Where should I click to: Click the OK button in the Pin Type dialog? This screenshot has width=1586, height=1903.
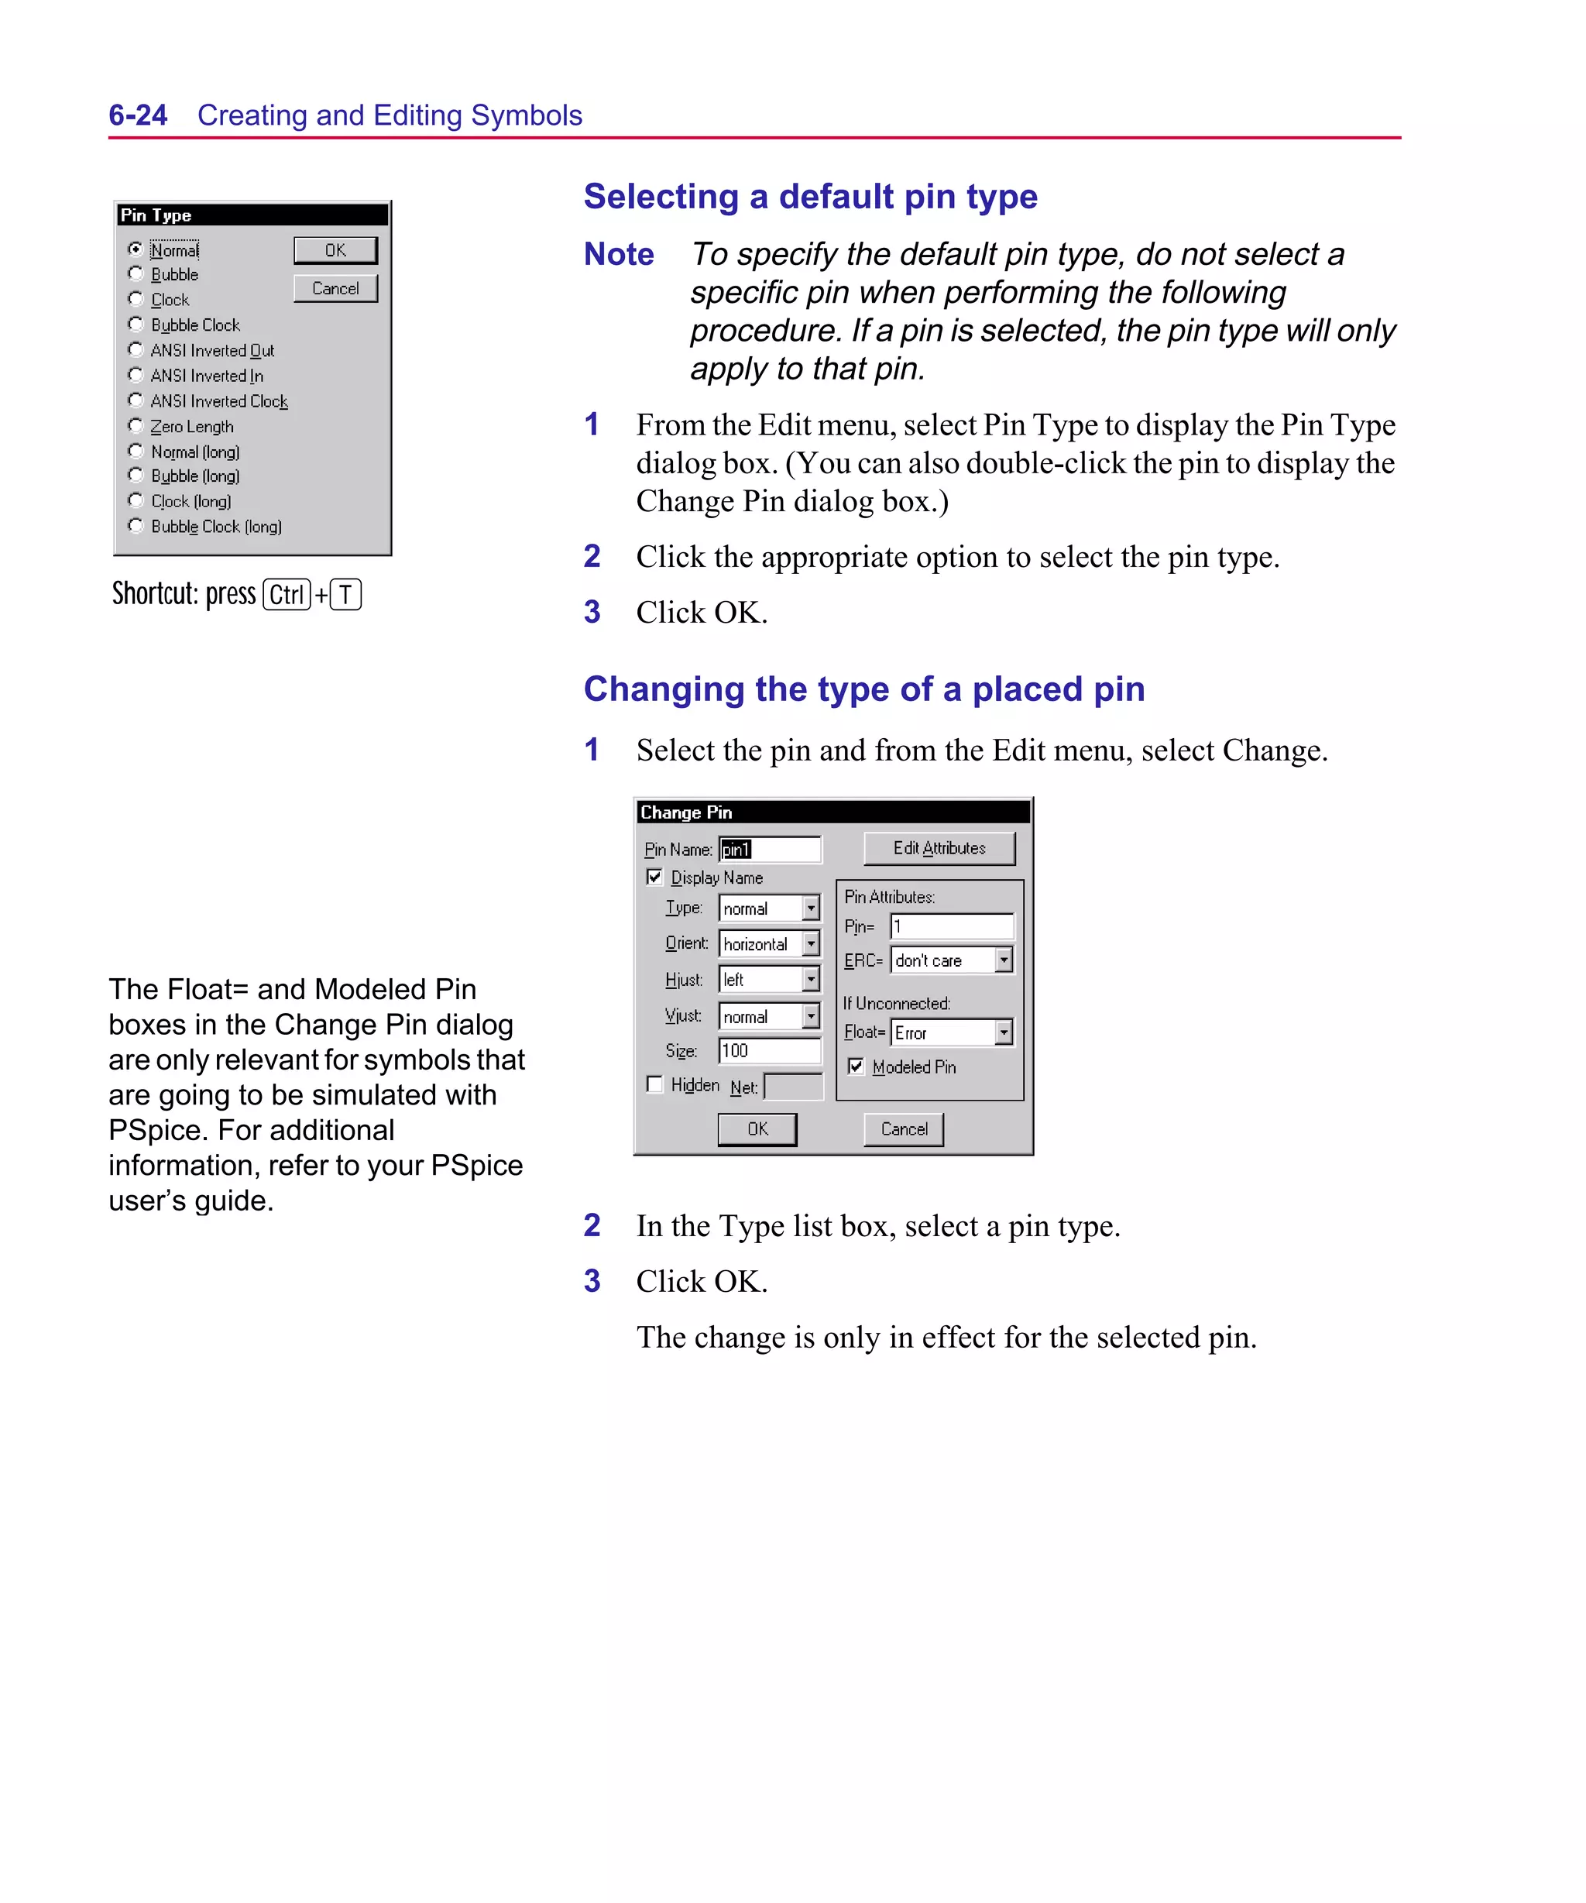[335, 250]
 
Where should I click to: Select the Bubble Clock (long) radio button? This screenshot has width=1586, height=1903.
[136, 526]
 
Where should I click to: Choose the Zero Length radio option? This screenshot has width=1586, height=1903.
[136, 426]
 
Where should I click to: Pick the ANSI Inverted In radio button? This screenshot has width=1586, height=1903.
[136, 375]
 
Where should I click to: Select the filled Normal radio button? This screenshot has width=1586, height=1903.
[136, 249]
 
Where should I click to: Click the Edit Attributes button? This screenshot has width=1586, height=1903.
[939, 848]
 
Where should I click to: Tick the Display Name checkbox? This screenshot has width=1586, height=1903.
[654, 878]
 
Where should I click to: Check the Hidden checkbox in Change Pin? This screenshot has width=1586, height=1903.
[654, 1084]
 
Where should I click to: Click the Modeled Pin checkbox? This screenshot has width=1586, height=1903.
[856, 1067]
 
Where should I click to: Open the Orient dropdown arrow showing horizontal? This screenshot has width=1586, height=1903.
[811, 943]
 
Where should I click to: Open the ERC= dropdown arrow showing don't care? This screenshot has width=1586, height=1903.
[1004, 960]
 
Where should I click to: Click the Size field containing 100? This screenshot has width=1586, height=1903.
[768, 1050]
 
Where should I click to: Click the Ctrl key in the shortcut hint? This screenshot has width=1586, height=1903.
[287, 595]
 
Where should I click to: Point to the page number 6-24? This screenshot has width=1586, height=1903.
[138, 115]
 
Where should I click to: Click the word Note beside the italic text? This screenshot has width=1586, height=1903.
[618, 254]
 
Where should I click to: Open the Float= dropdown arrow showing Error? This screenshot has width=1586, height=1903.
[1004, 1032]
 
